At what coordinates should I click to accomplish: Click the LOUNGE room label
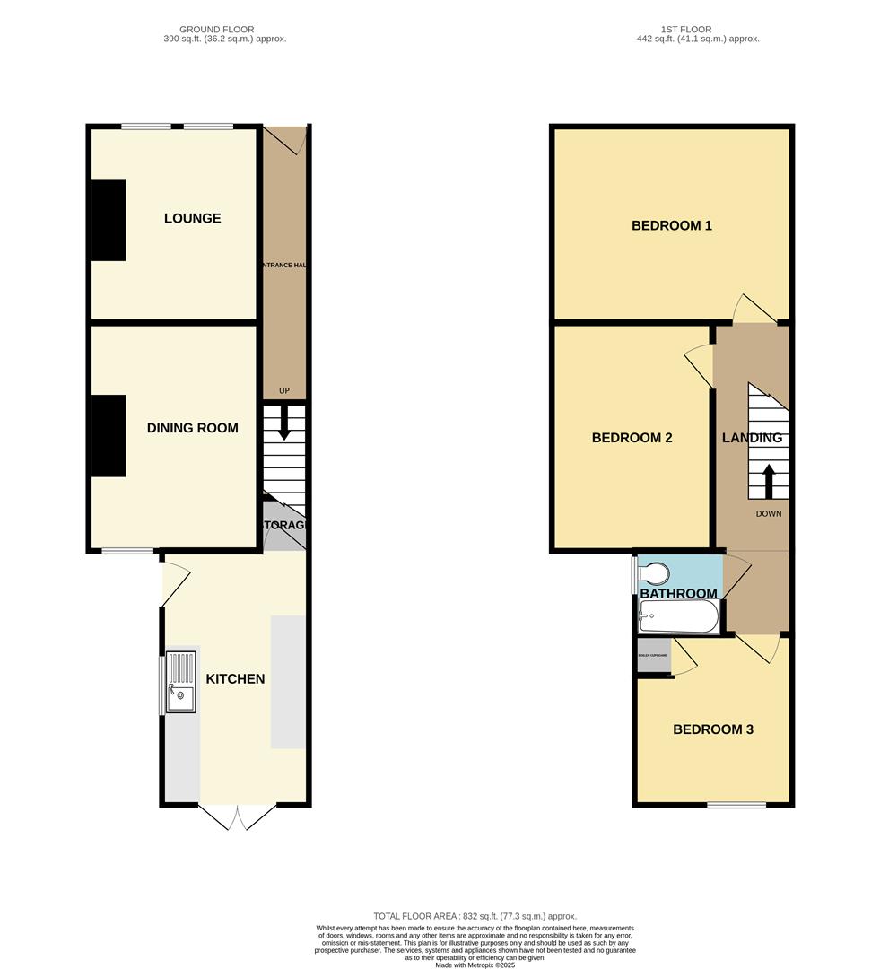[192, 219]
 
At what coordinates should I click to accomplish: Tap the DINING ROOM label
[192, 428]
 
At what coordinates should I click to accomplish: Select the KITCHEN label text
[235, 679]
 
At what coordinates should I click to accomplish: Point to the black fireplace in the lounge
[109, 221]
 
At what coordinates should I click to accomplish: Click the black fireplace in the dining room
[109, 437]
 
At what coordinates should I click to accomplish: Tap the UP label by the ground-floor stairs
[284, 390]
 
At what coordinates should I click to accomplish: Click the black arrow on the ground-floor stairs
[284, 423]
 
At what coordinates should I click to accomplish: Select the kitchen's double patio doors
[237, 816]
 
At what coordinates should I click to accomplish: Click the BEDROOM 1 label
[671, 226]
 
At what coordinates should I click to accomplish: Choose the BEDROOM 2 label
[632, 439]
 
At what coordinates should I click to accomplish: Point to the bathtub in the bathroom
[678, 617]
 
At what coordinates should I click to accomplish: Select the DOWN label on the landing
[768, 514]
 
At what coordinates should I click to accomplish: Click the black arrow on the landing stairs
[769, 479]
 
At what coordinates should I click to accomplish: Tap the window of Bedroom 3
[736, 805]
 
